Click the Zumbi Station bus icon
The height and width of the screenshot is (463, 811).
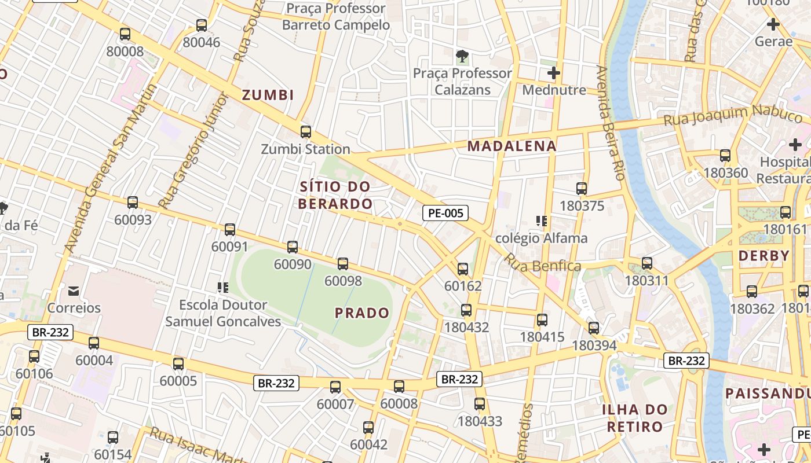[306, 131]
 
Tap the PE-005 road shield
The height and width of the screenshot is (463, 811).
[445, 213]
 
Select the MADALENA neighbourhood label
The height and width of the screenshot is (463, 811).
[512, 146]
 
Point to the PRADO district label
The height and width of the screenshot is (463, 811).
[362, 313]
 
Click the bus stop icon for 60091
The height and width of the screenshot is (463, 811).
[230, 229]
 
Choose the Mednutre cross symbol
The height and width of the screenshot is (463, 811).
[554, 73]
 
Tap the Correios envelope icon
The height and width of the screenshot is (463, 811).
[74, 291]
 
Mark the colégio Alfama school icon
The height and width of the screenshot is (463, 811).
[542, 221]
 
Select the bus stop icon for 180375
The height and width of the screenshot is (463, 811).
[582, 188]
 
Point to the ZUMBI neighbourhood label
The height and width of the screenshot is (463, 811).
[268, 95]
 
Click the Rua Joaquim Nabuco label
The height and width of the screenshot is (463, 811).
[735, 115]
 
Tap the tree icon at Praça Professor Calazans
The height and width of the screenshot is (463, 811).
[462, 56]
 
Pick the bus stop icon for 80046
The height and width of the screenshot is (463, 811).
[202, 25]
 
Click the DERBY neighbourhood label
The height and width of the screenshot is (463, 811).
[764, 256]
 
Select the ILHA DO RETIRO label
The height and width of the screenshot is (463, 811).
[634, 418]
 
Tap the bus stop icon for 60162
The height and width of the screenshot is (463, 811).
[463, 269]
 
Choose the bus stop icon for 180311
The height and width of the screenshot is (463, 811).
[647, 263]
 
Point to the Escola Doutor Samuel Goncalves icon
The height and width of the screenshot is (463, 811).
[223, 287]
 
